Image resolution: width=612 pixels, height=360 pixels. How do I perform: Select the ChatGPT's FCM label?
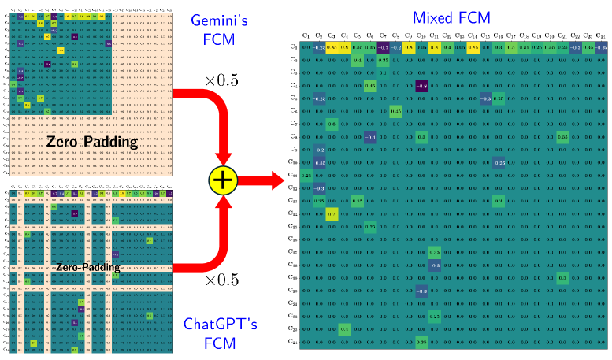219,332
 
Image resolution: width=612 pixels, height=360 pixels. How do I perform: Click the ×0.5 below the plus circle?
221,280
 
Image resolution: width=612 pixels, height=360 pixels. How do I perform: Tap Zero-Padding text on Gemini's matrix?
91,143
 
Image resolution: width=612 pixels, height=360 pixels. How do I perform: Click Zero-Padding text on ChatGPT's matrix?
87,267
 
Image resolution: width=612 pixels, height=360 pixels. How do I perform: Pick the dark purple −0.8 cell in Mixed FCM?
421,85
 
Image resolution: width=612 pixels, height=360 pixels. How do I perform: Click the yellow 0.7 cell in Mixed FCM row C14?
332,213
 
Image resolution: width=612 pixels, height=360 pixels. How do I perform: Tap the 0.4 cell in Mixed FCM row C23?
344,328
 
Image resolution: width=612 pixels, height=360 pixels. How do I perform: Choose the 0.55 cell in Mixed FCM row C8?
562,137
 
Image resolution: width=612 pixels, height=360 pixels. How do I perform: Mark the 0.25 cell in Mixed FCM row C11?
306,175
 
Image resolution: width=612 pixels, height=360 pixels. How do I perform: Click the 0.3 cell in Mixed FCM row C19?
562,277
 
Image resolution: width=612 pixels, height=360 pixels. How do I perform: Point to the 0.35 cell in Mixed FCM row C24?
421,341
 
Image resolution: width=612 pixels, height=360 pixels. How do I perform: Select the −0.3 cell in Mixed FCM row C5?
485,98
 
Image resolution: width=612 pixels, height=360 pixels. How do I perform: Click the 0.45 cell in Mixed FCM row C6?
396,111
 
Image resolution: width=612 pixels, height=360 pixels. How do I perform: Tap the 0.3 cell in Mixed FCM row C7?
332,124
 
